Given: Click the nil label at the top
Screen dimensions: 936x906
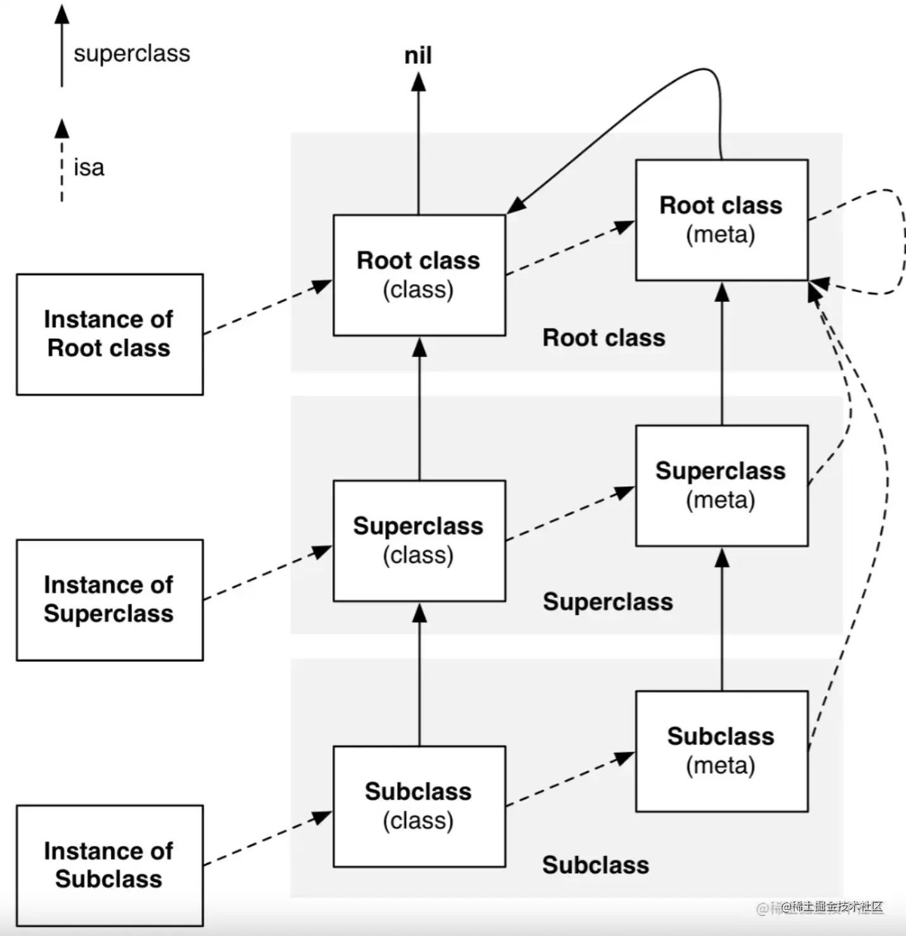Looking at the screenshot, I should click(418, 56).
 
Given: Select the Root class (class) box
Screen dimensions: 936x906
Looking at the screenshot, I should click(419, 275).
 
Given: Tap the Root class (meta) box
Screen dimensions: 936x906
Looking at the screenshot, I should click(721, 219).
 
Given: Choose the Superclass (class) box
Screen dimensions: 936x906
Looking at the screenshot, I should click(419, 540).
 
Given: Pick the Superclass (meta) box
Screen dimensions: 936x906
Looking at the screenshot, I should click(721, 485).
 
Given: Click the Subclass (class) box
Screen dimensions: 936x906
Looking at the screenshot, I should click(419, 806).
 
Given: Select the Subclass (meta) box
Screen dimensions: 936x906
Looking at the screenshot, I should click(721, 751).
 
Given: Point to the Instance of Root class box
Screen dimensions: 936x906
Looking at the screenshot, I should click(109, 334).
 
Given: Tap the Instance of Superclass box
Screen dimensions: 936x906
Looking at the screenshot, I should click(109, 600).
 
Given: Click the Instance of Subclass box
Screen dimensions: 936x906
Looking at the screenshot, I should click(109, 865).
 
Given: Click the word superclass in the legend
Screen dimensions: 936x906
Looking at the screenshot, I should click(131, 53).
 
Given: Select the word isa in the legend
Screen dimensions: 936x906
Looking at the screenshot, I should click(89, 168).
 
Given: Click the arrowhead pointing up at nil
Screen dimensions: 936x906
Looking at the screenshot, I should click(418, 82).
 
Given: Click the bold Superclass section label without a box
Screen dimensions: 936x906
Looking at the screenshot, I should click(607, 601).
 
